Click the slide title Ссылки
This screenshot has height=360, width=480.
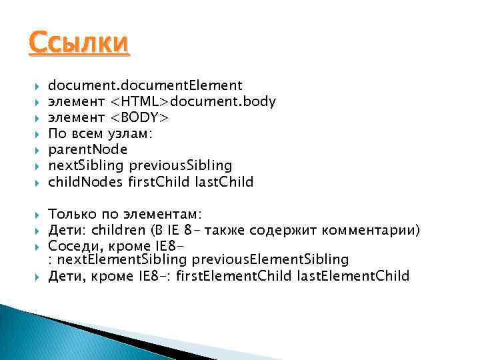[x=79, y=45]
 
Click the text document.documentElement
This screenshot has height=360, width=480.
[x=145, y=85]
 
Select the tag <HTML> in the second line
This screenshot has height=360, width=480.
[x=140, y=101]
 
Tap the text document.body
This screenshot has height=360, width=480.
[x=223, y=101]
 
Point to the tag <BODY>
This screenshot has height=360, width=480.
[x=140, y=117]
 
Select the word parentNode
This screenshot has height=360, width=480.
[x=87, y=149]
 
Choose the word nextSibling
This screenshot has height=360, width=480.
[x=86, y=165]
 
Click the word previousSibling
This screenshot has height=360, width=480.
[x=180, y=165]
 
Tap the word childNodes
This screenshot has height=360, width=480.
[x=85, y=181]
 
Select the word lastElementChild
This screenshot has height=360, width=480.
[x=355, y=275]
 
